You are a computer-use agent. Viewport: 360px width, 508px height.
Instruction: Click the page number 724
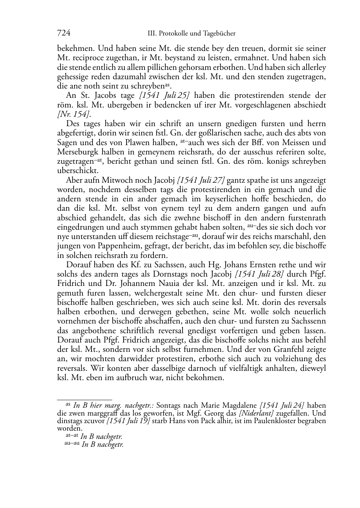pos(63,33)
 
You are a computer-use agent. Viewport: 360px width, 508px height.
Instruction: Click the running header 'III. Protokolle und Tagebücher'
pos(191,34)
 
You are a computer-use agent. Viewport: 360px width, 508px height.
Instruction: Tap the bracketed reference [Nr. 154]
pos(74,114)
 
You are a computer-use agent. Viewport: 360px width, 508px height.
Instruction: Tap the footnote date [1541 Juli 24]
pos(282,406)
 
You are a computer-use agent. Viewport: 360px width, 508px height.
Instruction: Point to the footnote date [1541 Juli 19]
pos(128,420)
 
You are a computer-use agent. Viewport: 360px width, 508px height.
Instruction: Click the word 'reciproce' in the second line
pos(91,58)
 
